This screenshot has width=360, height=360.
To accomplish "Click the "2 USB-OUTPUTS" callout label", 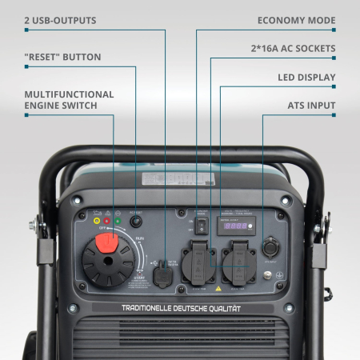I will (x=60, y=19).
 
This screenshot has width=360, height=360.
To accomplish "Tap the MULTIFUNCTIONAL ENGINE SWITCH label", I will (x=69, y=99).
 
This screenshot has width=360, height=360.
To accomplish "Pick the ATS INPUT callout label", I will (x=311, y=105).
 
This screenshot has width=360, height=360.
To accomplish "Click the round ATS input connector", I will (x=269, y=246).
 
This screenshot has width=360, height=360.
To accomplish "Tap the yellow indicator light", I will (x=97, y=220).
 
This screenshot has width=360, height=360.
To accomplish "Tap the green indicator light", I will (x=117, y=220).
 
